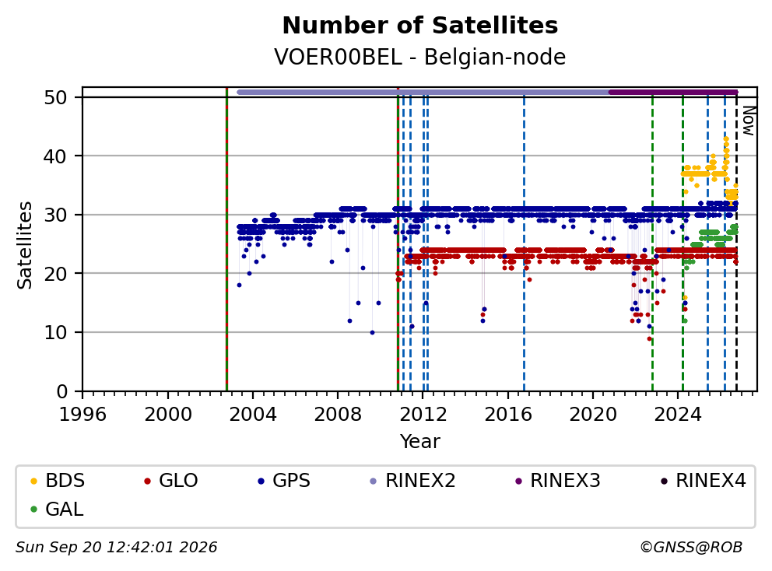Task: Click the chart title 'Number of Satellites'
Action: (420, 26)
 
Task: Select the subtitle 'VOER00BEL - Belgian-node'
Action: (420, 57)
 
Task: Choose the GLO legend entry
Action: (171, 481)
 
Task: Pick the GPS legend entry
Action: (285, 481)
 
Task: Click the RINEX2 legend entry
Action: (413, 481)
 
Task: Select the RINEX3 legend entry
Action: (558, 481)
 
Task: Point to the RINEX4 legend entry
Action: (704, 481)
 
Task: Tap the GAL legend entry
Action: (57, 510)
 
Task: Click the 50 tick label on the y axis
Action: (55, 97)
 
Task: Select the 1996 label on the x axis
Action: (82, 415)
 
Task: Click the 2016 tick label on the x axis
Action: (508, 415)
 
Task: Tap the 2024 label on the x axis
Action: (678, 415)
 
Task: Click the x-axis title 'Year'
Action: (420, 442)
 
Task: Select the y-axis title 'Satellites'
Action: (25, 245)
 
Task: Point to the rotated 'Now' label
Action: (749, 121)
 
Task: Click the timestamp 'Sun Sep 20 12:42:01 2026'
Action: (116, 548)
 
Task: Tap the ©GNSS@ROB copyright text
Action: (691, 548)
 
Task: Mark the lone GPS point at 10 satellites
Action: (372, 333)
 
